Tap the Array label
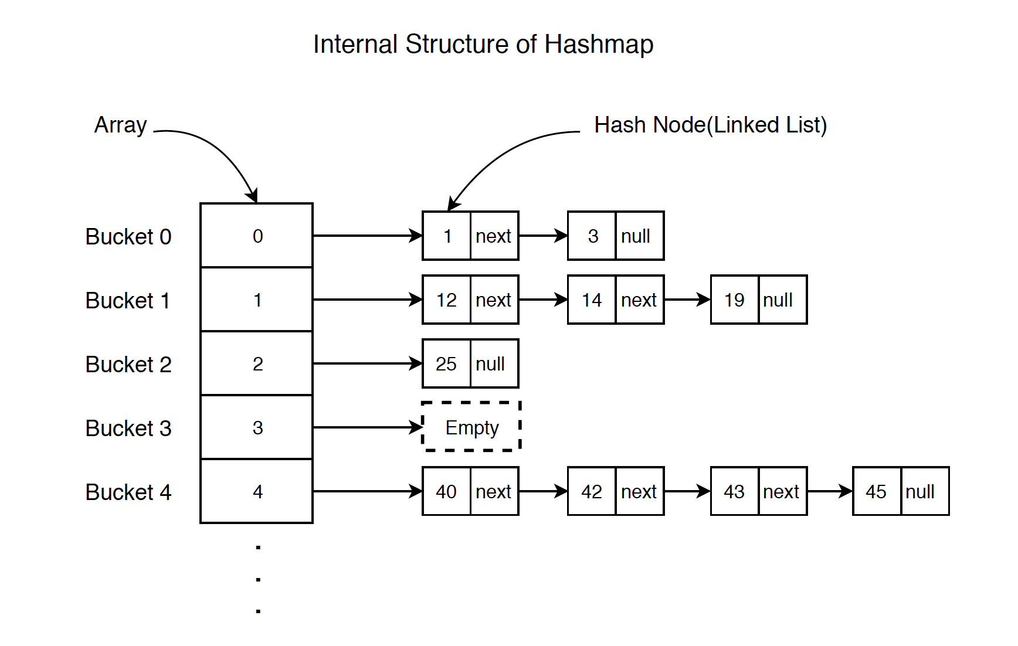pos(120,125)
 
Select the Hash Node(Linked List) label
pos(710,125)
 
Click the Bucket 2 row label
pos(128,364)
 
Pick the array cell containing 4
pos(257,491)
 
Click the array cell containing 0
pos(257,236)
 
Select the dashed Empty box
pos(471,427)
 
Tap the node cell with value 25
pos(446,363)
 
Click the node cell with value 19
pos(734,300)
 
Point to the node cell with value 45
pos(876,491)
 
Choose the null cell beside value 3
pos(639,236)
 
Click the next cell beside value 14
pos(639,300)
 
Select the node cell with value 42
pos(592,491)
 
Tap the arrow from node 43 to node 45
pos(829,491)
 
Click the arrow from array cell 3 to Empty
pos(367,427)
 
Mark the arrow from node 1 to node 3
pos(542,236)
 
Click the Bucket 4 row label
pos(128,492)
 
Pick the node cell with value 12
pos(446,300)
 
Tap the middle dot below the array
pos(258,579)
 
